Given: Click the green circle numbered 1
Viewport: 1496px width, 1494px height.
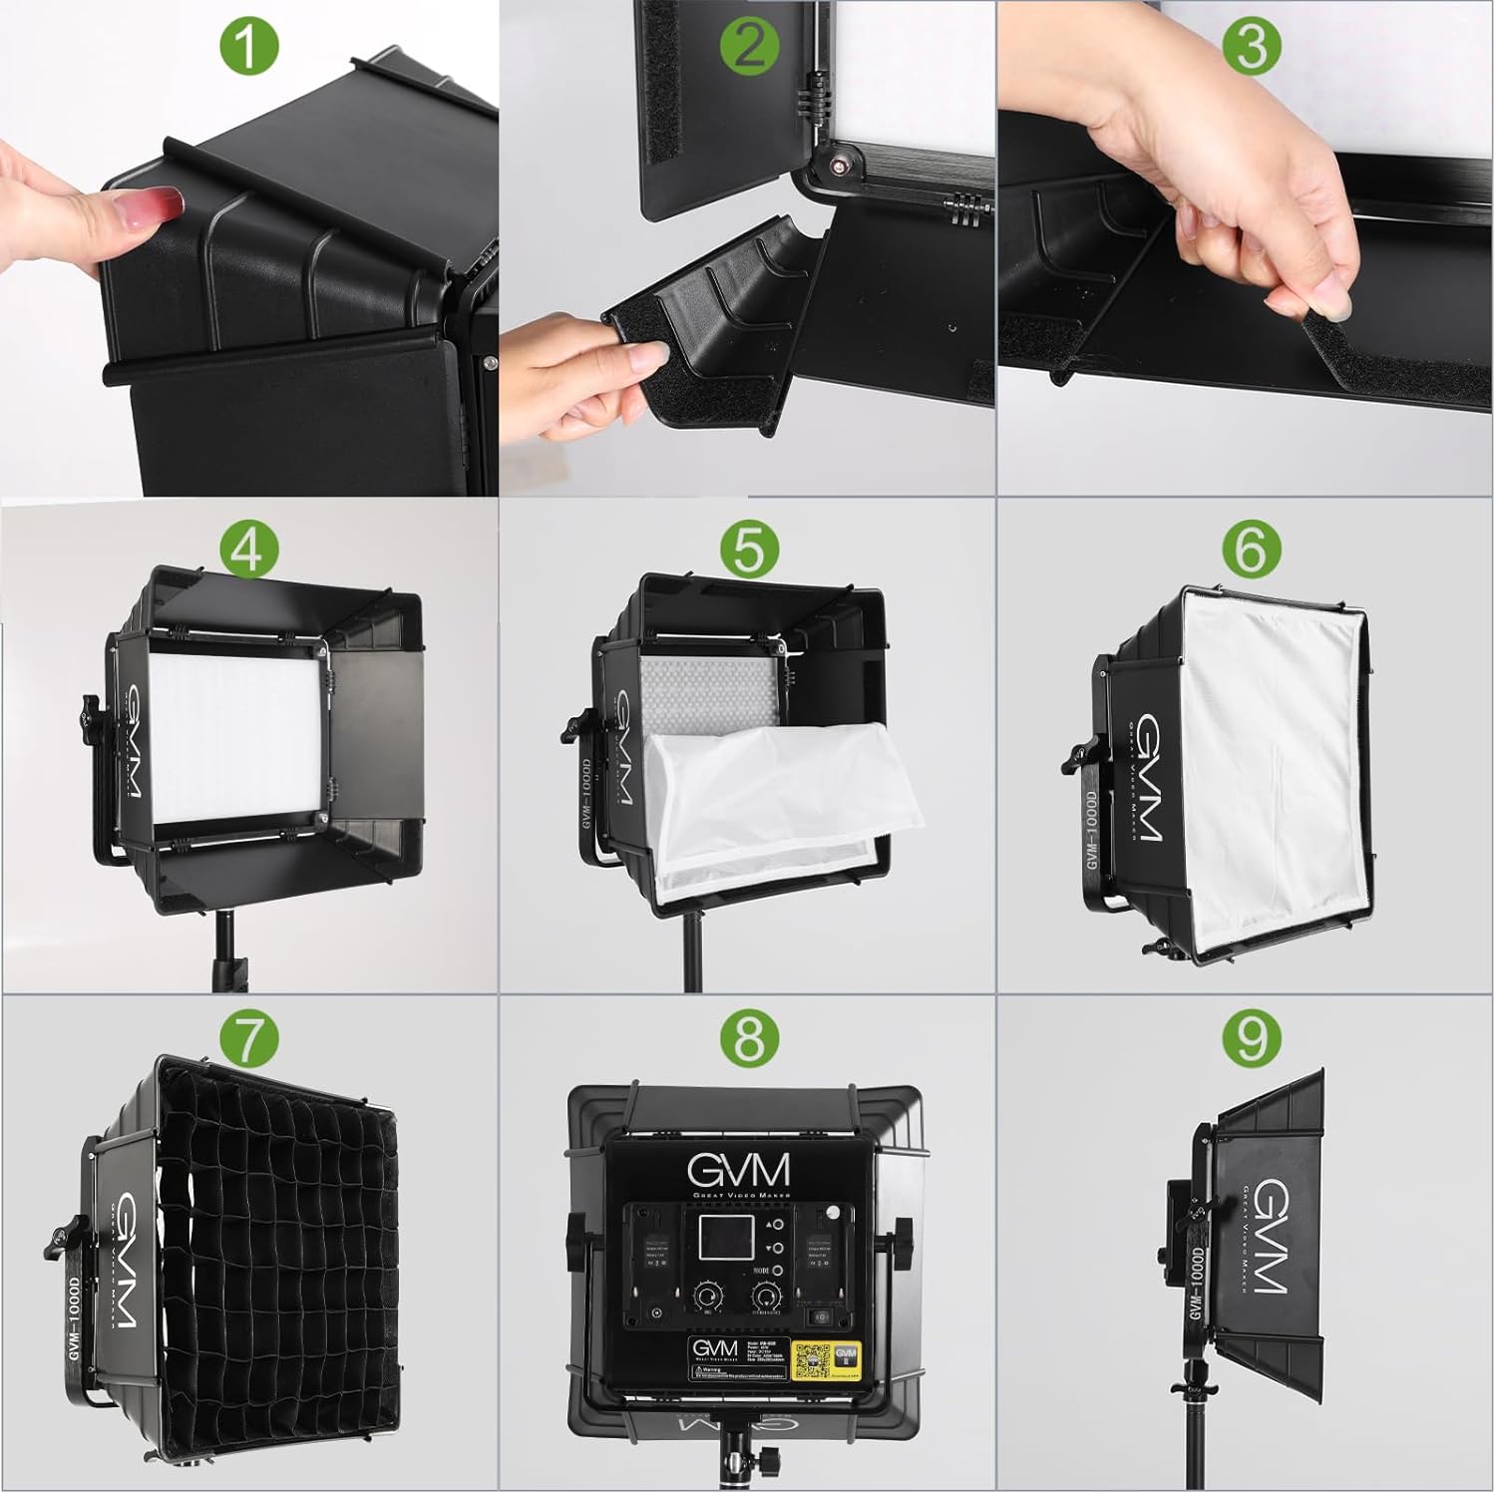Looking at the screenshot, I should coord(246,46).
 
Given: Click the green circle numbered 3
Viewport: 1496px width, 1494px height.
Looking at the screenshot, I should coord(1251,46).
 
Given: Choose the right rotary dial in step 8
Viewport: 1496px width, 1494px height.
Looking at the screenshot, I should coord(766,1297).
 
